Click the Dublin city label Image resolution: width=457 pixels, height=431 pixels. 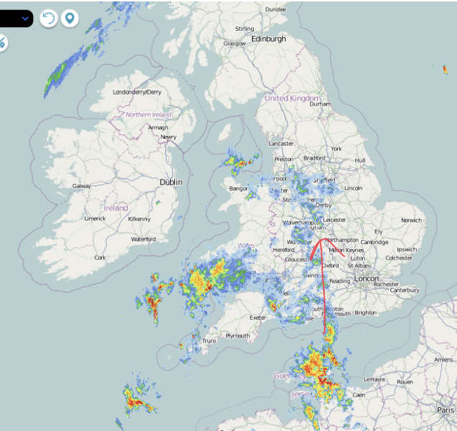pos(171,182)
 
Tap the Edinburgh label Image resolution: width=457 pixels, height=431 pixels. pos(268,39)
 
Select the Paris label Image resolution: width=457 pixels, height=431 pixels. pos(445,409)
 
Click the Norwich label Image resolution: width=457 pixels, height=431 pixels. pos(412,220)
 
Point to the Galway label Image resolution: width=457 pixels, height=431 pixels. pos(82,186)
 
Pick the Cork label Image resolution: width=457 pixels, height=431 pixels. pos(100,257)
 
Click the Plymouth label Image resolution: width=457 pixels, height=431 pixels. pos(237,335)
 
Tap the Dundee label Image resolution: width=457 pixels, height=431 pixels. pos(275,9)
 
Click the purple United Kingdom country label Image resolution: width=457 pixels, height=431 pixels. pos(292,98)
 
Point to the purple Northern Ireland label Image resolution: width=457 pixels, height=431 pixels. pos(149,115)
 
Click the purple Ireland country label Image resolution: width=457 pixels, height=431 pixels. pos(116,208)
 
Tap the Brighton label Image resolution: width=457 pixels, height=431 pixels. pos(365,312)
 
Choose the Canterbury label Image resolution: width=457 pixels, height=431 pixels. pos(405,290)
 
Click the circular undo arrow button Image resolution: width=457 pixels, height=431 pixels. pos(48,18)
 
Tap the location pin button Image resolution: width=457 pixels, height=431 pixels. pos(70,18)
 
